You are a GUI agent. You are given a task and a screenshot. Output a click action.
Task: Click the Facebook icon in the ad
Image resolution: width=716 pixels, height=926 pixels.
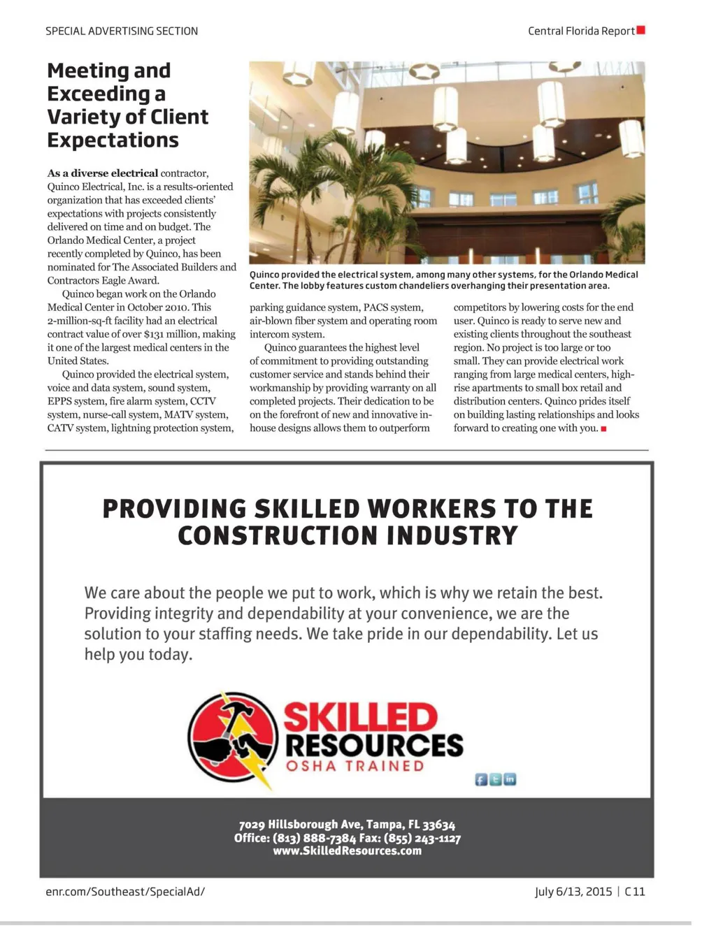(x=481, y=779)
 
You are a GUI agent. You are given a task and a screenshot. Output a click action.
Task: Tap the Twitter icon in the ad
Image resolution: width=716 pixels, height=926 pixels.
(x=496, y=779)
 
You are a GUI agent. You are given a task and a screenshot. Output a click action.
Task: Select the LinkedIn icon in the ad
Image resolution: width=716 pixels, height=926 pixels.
(x=510, y=779)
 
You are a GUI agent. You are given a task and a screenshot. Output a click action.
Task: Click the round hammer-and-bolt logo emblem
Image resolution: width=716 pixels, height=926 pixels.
(x=233, y=738)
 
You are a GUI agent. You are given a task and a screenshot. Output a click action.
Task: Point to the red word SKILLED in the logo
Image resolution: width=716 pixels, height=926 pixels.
(x=360, y=718)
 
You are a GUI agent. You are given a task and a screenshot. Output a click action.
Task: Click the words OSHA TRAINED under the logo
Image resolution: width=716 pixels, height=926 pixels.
(x=355, y=766)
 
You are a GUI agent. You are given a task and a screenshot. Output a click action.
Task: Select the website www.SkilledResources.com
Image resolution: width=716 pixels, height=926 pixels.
(x=347, y=851)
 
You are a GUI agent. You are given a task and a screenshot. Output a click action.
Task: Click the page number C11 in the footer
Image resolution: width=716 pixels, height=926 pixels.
(x=635, y=891)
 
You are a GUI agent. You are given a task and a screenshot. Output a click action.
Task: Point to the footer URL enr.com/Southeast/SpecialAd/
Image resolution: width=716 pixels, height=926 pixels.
(x=125, y=891)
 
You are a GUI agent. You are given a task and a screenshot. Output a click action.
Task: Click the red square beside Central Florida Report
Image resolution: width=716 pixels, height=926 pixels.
(x=640, y=30)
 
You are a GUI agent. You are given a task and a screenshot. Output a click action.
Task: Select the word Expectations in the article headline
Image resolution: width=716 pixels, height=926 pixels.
(x=113, y=140)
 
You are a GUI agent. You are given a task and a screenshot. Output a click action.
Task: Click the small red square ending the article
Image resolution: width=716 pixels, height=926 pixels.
(x=603, y=428)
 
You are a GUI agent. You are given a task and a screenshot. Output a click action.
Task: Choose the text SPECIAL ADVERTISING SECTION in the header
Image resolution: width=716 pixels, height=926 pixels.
(x=122, y=31)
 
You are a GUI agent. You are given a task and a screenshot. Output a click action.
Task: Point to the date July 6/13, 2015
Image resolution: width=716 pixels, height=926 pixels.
(x=573, y=891)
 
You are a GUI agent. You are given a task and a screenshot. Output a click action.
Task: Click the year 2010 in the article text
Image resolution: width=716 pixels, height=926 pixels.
(x=174, y=307)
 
